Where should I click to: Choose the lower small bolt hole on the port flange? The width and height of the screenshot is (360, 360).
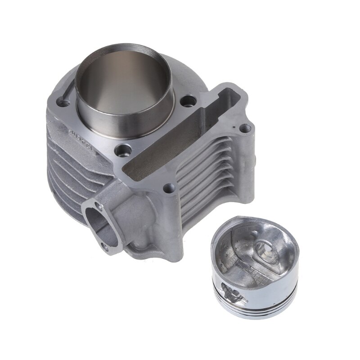pyautogui.click(x=105, y=246)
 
